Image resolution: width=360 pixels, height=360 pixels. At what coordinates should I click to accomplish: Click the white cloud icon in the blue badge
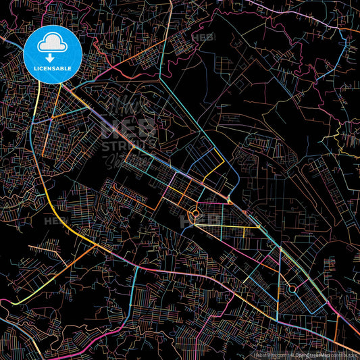(52, 44)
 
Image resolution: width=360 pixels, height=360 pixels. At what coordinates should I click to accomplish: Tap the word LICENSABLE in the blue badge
(52, 68)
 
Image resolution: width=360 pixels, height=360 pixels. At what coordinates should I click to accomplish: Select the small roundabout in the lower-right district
(292, 288)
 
